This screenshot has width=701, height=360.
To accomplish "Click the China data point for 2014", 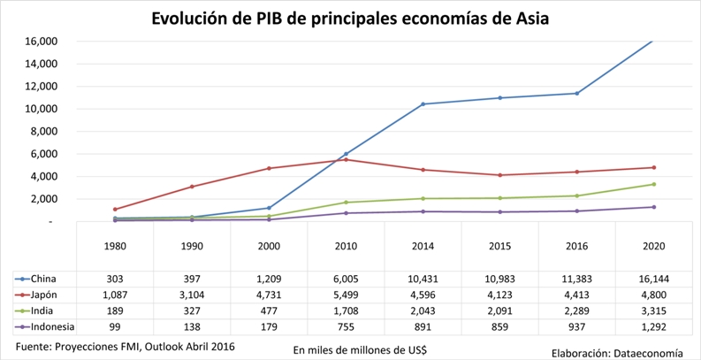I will [423, 104].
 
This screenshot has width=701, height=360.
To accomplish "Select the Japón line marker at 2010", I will [346, 160].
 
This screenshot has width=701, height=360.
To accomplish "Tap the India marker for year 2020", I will [653, 184].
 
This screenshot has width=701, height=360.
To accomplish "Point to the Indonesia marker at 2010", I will [346, 213].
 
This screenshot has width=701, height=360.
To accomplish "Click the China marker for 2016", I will [576, 94].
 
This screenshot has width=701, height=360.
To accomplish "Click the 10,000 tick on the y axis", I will [42, 109].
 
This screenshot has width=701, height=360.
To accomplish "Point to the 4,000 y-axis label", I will [45, 176].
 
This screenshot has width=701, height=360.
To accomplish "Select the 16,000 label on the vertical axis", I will [42, 42].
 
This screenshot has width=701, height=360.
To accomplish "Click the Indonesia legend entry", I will [51, 328].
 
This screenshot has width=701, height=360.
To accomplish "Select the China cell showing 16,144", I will [653, 278].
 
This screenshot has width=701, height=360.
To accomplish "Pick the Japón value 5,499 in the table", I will [346, 295].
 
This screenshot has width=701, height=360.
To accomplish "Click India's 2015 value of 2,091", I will [499, 311].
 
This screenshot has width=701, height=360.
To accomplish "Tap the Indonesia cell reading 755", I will [346, 328].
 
